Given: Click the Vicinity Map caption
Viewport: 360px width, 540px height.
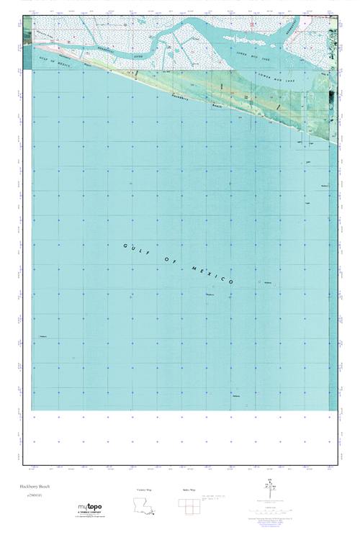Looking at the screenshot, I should [x=144, y=490].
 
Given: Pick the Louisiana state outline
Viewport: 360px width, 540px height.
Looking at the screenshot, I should [x=145, y=508].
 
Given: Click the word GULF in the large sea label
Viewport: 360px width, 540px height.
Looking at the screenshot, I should [x=135, y=248].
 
